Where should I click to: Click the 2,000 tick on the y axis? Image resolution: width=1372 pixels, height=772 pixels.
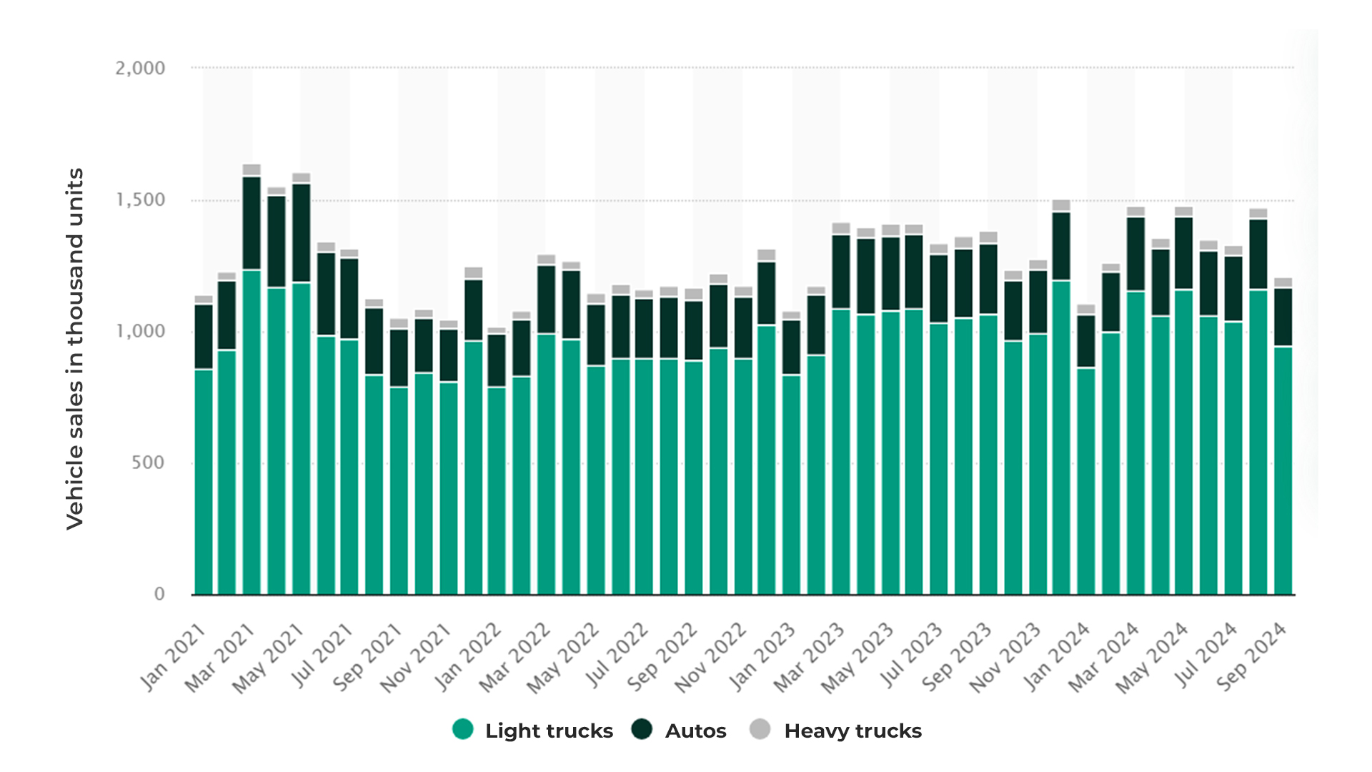[x=140, y=69]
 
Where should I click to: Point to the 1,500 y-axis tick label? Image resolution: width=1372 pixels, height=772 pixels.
[x=140, y=200]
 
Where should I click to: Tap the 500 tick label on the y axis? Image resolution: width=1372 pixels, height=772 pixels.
[x=148, y=462]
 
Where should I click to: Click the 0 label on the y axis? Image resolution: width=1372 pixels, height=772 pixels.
[x=159, y=594]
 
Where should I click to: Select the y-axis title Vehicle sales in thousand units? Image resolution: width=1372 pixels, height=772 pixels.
[x=75, y=349]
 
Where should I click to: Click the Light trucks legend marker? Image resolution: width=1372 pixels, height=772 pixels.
[x=463, y=730]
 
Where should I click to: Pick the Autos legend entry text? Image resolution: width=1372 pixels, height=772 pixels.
[x=695, y=731]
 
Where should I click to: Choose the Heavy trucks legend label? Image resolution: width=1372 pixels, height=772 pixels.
[x=852, y=731]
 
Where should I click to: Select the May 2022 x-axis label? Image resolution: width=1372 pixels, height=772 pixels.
[x=563, y=658]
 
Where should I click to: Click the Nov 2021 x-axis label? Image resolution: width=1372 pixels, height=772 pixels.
[x=416, y=658]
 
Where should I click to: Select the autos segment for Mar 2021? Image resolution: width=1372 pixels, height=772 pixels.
[x=252, y=223]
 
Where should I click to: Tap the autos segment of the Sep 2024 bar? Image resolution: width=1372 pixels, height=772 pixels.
[x=1283, y=317]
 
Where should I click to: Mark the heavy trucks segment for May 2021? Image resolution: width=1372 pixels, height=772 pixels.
[x=301, y=178]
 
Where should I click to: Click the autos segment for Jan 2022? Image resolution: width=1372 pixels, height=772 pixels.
[x=473, y=310]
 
